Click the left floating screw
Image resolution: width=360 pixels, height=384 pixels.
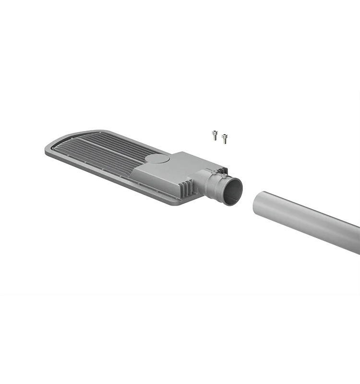tap(215, 135)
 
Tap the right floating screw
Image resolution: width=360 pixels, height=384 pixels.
tap(224, 138)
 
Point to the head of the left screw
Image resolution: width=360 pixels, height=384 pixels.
tap(215, 132)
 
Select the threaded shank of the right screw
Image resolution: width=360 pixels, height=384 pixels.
tap(225, 140)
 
